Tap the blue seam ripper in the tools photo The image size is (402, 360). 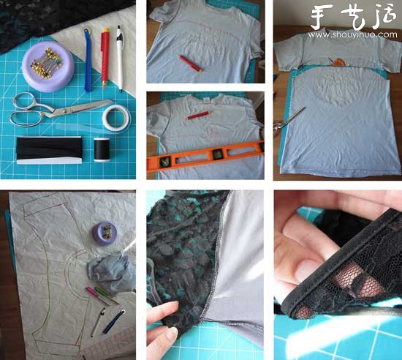(88, 59)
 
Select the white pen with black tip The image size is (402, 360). (120, 58)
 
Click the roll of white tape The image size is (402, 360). (117, 118)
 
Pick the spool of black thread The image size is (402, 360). (102, 150)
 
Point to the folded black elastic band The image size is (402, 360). (49, 150)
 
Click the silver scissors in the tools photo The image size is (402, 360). (59, 111)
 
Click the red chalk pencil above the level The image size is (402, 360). (198, 116)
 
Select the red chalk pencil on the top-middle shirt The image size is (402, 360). (191, 63)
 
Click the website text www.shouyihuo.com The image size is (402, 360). (352, 34)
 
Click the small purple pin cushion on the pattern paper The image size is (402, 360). (105, 233)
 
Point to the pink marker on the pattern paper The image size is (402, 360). (97, 296)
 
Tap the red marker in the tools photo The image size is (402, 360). (105, 58)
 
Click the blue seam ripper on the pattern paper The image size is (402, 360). (114, 322)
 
